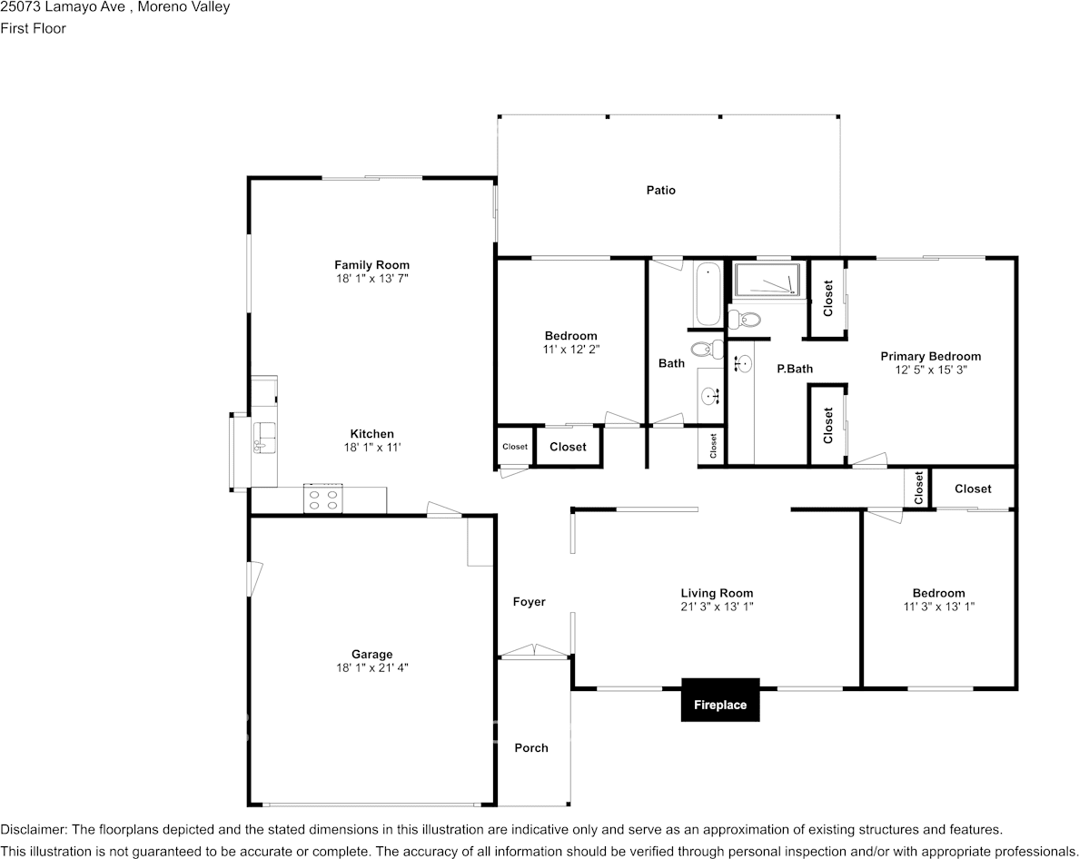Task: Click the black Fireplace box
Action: tap(720, 700)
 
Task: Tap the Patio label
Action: tap(660, 191)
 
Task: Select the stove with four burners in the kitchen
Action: tap(322, 499)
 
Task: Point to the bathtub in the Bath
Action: tap(708, 293)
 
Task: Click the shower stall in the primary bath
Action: tap(768, 280)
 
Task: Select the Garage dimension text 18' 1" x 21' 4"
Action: tap(371, 667)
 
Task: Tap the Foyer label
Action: tap(529, 602)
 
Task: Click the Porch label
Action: tap(531, 748)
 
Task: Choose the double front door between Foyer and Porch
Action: tap(534, 651)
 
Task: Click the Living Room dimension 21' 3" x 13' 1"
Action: tap(717, 607)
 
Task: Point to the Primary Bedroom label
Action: tap(930, 357)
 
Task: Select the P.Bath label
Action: tap(795, 369)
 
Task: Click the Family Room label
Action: tap(371, 265)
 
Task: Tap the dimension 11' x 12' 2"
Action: tap(570, 349)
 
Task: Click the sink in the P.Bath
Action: tap(744, 365)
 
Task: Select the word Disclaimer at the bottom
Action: tap(32, 830)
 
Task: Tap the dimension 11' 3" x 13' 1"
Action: tap(938, 607)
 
